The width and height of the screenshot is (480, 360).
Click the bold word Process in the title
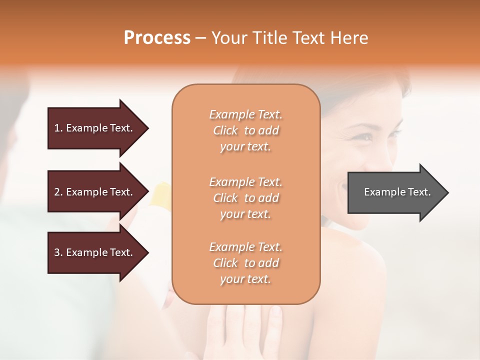pos(157,38)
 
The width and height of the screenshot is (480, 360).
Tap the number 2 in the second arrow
pos(57,192)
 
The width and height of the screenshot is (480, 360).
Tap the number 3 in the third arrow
pos(57,252)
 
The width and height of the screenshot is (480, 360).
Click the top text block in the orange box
pos(245,130)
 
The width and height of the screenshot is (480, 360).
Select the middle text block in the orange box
pos(245,197)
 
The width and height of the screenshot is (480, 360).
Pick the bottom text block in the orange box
pos(245,263)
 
